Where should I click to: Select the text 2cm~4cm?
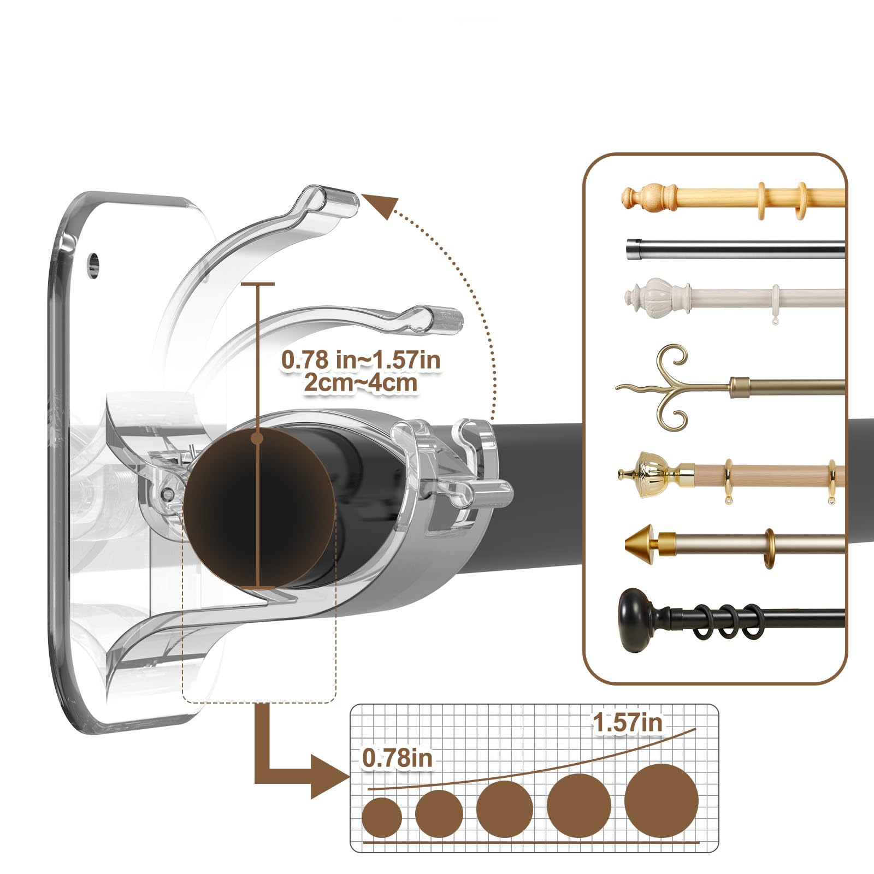[361, 382]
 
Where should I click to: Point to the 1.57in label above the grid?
[627, 723]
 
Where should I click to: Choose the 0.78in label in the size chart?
[397, 758]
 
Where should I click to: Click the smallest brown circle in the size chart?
[382, 818]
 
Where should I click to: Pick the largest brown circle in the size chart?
[661, 801]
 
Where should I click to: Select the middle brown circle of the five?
[505, 809]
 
